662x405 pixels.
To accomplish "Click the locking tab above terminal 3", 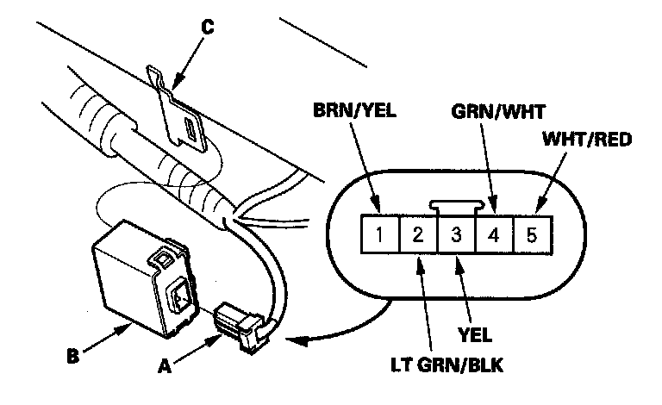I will click(x=457, y=208).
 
